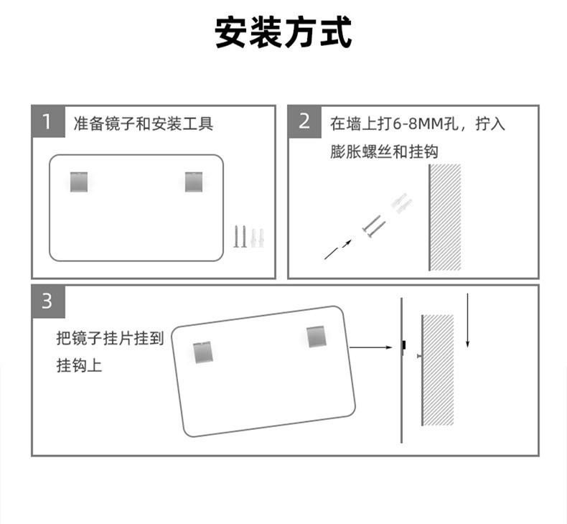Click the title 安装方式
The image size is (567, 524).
(283, 34)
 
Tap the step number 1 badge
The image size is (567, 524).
(47, 122)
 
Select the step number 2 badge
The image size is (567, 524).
(304, 122)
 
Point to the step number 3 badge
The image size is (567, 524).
(47, 301)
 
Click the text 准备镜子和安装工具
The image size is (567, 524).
(144, 124)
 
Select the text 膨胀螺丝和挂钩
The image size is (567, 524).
(385, 151)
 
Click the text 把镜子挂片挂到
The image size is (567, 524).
(111, 338)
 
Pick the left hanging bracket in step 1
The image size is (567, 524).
(78, 182)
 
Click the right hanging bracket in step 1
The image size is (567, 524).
(194, 182)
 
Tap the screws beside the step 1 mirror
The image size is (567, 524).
(248, 237)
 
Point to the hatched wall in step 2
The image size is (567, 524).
(445, 217)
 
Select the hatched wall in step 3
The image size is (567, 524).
(438, 370)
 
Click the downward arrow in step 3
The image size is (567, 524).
(467, 320)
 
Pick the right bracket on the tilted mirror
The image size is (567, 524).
(317, 336)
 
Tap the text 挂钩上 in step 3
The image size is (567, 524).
(80, 366)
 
